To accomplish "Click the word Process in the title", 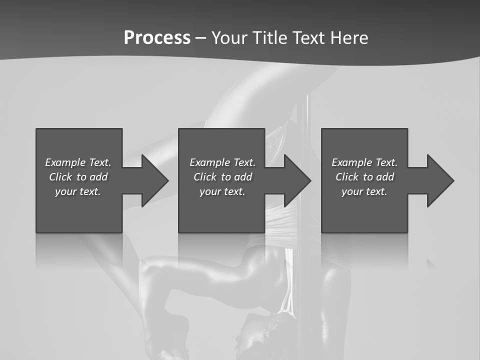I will [x=157, y=38].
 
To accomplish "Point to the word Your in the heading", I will [x=229, y=38].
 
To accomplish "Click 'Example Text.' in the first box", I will [x=78, y=162].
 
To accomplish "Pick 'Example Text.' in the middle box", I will [x=222, y=162].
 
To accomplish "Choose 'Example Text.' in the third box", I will [x=364, y=162].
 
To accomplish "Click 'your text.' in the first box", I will [x=78, y=191].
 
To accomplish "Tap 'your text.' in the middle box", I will [x=222, y=191].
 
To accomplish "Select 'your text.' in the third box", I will [x=364, y=191].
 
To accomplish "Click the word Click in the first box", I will [x=60, y=177].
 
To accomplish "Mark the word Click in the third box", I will [x=347, y=177].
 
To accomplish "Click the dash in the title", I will [x=201, y=38].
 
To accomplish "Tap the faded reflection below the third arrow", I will [x=431, y=264].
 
